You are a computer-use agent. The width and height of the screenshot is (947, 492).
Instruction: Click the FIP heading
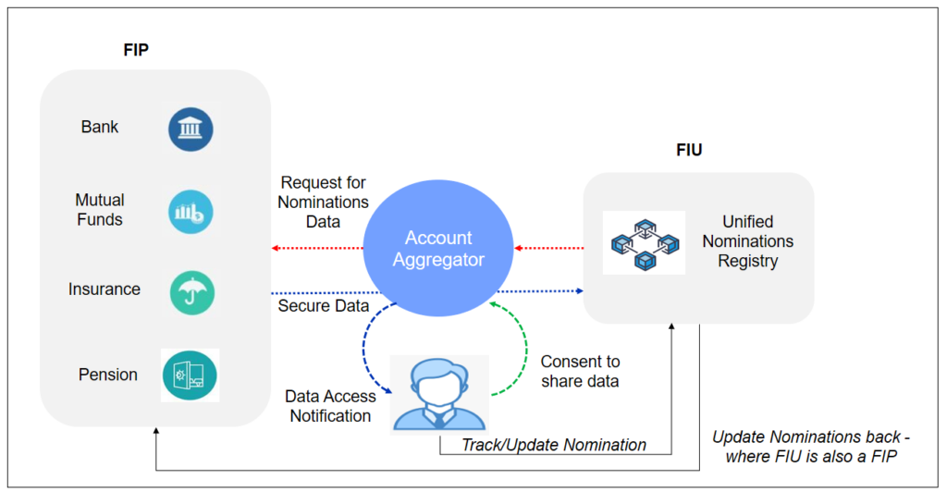(x=136, y=50)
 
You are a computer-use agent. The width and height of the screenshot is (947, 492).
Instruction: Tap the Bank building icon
(x=191, y=129)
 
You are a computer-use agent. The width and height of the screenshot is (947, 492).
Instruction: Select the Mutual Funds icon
(x=191, y=211)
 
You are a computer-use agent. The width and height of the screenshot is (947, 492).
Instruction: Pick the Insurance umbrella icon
(x=191, y=291)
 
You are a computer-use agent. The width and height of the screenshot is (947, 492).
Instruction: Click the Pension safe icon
(x=190, y=375)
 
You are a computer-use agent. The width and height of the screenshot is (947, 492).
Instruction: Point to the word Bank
(x=100, y=128)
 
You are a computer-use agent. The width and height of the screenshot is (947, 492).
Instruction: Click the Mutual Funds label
(x=100, y=210)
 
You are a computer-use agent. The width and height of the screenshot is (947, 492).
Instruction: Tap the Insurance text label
(x=105, y=289)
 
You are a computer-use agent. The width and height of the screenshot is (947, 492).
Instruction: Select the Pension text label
(x=108, y=375)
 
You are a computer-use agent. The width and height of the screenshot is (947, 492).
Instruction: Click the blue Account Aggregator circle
(x=437, y=249)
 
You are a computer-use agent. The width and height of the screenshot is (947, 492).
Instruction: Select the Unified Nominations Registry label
(x=747, y=241)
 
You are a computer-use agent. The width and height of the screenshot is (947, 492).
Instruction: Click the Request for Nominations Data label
(x=325, y=202)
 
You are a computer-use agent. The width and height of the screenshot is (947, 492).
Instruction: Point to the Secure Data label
(x=323, y=305)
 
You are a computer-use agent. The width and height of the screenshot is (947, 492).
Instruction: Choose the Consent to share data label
(x=580, y=372)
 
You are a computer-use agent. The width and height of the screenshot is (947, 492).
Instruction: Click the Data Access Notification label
(x=330, y=406)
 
